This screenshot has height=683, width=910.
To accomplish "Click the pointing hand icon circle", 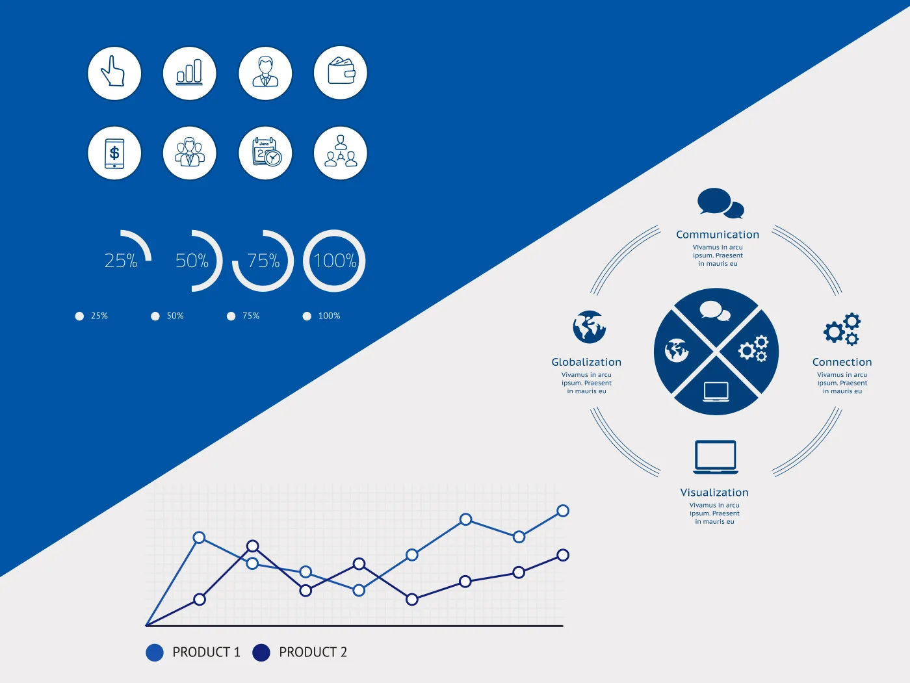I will (x=114, y=73).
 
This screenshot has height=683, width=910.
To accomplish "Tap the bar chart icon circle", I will (x=190, y=73).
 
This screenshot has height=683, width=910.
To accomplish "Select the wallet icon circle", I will (x=341, y=73).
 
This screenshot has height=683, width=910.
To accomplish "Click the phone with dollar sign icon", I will (x=114, y=153).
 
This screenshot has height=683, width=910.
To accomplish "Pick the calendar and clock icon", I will (x=265, y=153).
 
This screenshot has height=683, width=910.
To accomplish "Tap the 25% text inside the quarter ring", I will (x=121, y=261).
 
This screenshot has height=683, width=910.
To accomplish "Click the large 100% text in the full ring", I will (x=335, y=261).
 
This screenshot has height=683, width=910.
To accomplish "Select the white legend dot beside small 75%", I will (x=231, y=316).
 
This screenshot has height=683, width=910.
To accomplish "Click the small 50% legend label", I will (x=175, y=316).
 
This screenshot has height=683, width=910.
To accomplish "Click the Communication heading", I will (x=717, y=235).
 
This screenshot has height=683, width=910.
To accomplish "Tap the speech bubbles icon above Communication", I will (x=720, y=203).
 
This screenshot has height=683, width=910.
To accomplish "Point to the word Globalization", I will (x=586, y=362).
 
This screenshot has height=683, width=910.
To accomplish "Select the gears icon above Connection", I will (x=842, y=329).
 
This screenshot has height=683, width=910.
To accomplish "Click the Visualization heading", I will (x=714, y=493).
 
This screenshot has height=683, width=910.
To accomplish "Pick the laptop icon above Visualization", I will (x=715, y=457).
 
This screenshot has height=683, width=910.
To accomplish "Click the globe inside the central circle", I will (x=677, y=351).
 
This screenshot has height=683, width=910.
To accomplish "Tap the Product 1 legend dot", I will (x=155, y=652).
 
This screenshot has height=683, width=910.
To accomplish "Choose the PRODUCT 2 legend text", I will (x=313, y=652).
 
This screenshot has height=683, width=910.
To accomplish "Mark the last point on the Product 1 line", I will (x=563, y=511).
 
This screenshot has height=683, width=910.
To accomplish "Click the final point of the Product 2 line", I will (x=563, y=555).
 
